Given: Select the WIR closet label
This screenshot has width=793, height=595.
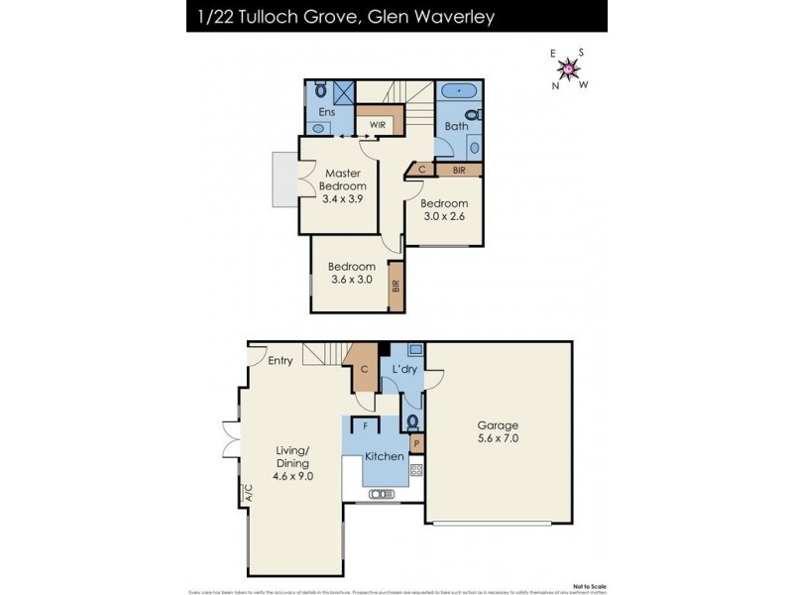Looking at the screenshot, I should pos(377,126).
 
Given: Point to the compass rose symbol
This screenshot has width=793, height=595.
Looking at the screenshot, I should pos(570,68).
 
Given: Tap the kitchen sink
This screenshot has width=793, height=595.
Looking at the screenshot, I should pos(382,493).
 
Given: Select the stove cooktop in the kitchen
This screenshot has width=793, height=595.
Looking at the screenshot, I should pos(416,469).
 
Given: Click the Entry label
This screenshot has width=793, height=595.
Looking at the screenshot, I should pos(280,361).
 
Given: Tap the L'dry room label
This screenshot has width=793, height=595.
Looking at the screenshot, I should pos(404,370).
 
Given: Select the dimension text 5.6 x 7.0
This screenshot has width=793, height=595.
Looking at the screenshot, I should pos(499,437).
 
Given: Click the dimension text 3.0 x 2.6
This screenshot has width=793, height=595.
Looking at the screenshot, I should pos(443,217).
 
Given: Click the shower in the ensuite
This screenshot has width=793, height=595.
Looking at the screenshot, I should pos(342,92).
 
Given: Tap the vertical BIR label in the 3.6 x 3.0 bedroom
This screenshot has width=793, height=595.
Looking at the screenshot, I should pos(396,285).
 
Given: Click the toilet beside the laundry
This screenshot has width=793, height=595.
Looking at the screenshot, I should pos(411,420).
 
